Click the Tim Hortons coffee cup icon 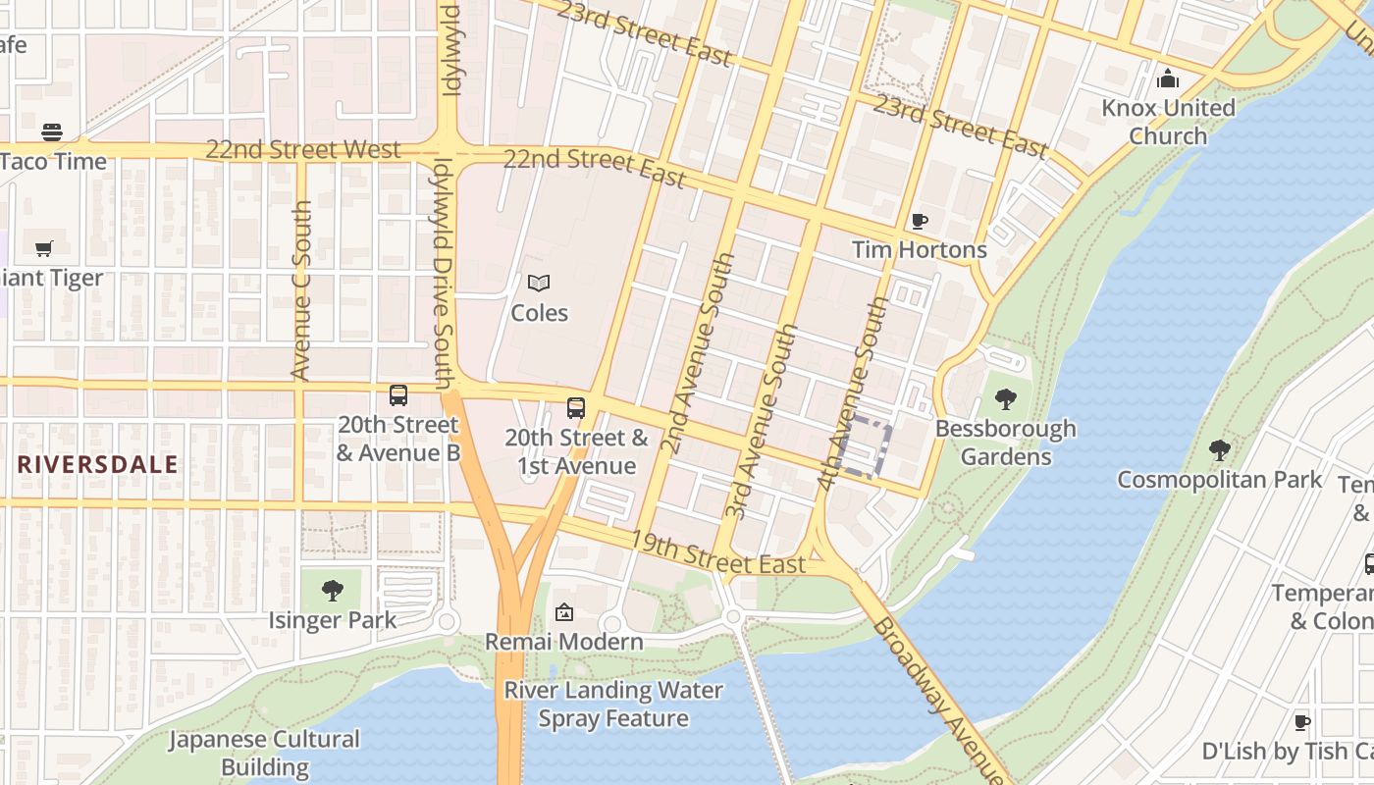[x=919, y=221]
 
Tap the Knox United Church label [x=1168, y=121]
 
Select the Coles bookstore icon [x=539, y=284]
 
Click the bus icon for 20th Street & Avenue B [x=398, y=395]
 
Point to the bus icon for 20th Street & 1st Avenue [x=576, y=408]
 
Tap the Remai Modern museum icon [x=564, y=613]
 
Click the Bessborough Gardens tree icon [x=1005, y=399]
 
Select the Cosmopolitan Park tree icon [x=1220, y=450]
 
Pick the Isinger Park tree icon [x=333, y=591]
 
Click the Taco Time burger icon [x=52, y=132]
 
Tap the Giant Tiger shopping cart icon [x=43, y=248]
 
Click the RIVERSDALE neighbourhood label [x=98, y=464]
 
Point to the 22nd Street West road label [x=303, y=150]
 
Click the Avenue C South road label [x=302, y=290]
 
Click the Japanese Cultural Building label [x=265, y=753]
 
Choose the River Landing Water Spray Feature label [x=613, y=704]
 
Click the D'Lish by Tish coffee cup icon [x=1301, y=722]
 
